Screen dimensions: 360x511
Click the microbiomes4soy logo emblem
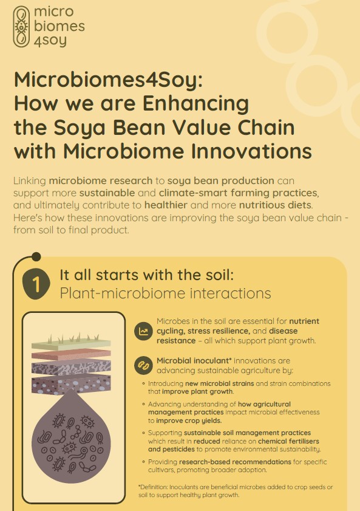coord(22,27)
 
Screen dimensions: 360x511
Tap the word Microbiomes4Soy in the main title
coord(109,80)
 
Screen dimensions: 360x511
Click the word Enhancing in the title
coord(195,105)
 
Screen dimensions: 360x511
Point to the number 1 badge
coord(36,284)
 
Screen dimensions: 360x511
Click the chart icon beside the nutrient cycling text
coord(143,331)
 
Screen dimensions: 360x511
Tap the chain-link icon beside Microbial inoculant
coord(143,365)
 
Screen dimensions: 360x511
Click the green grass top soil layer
coord(71,343)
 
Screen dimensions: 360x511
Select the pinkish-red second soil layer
coord(71,354)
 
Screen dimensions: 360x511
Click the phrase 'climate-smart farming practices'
coord(238,193)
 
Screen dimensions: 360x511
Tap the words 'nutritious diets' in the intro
coord(276,205)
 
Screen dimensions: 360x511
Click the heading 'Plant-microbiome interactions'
coord(165,293)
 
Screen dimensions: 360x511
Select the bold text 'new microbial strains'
coord(219,383)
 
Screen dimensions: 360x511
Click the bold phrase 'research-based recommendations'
coord(235,462)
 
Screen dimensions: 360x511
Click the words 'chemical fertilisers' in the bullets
coord(288,441)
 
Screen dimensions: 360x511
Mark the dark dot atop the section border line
coord(36,257)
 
